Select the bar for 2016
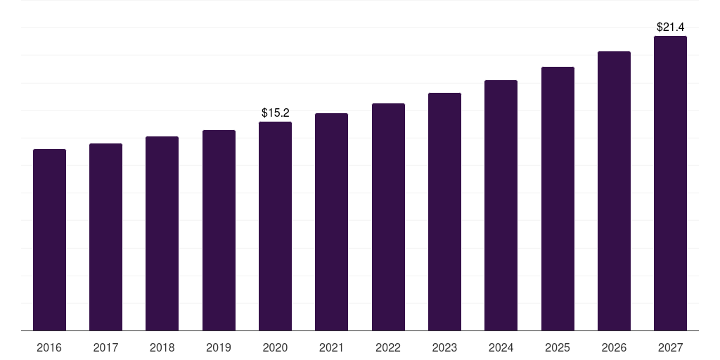(x=49, y=240)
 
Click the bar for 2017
(x=105, y=237)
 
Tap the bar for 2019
(x=219, y=231)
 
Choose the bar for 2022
(x=388, y=217)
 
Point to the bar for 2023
(x=444, y=212)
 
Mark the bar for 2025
(x=558, y=199)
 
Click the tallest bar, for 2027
(x=670, y=184)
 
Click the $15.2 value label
(x=276, y=112)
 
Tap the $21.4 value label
(x=671, y=27)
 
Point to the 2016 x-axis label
(x=49, y=348)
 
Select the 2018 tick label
(x=162, y=348)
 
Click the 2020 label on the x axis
(x=275, y=348)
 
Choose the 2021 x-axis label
(x=331, y=348)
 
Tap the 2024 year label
(x=501, y=348)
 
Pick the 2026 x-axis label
(x=614, y=348)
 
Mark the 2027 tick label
(x=670, y=348)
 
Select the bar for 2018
(x=162, y=233)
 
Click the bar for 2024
(x=501, y=205)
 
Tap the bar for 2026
(x=614, y=191)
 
